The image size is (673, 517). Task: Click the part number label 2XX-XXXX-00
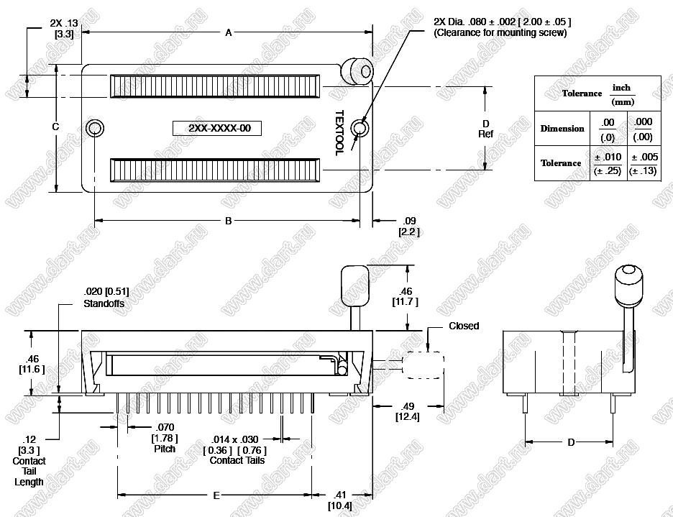click(217, 129)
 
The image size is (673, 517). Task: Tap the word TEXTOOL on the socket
click(339, 133)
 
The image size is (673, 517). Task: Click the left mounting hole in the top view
click(94, 129)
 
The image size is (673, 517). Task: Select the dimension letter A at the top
click(229, 32)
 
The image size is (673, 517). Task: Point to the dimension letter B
click(229, 221)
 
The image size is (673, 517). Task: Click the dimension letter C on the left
click(55, 127)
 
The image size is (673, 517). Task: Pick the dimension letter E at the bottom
click(216, 495)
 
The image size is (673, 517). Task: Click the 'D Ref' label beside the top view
click(486, 129)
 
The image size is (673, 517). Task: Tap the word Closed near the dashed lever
click(464, 326)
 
